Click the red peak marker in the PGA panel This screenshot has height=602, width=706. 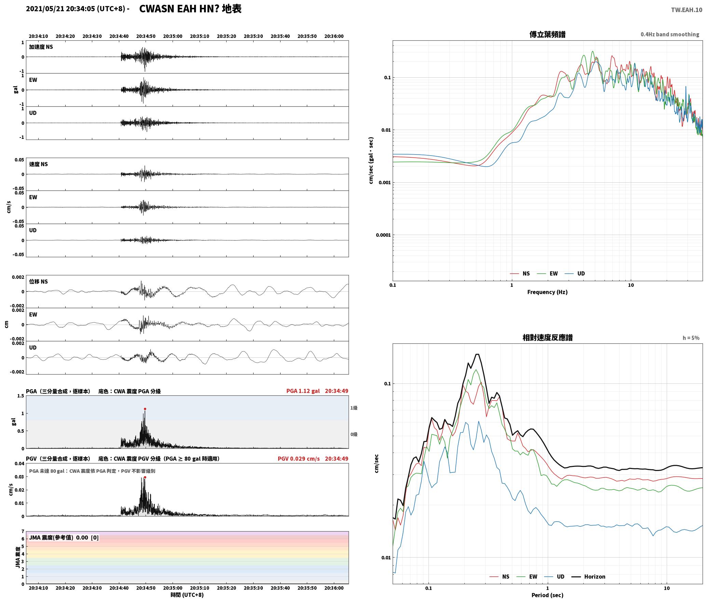(145, 409)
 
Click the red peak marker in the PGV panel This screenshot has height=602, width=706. (145, 477)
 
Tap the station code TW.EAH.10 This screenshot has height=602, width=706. (687, 10)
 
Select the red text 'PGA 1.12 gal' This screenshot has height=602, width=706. (303, 391)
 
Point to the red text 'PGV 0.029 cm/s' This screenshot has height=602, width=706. (299, 459)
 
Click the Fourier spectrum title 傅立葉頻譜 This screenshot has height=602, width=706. (547, 35)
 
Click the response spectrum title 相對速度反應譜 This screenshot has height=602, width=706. (547, 338)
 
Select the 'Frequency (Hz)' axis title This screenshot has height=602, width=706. (547, 292)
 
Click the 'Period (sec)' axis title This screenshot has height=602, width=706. (547, 595)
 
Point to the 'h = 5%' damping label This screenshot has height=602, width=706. (691, 338)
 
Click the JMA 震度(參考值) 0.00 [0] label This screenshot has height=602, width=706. (64, 538)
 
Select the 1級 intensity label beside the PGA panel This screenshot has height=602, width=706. (354, 408)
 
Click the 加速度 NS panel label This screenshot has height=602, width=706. (41, 47)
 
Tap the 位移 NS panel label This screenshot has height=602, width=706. (38, 282)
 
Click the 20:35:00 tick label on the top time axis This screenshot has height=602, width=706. (173, 36)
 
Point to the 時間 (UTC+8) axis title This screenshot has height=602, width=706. (187, 595)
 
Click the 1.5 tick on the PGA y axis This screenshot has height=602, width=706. (21, 396)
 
